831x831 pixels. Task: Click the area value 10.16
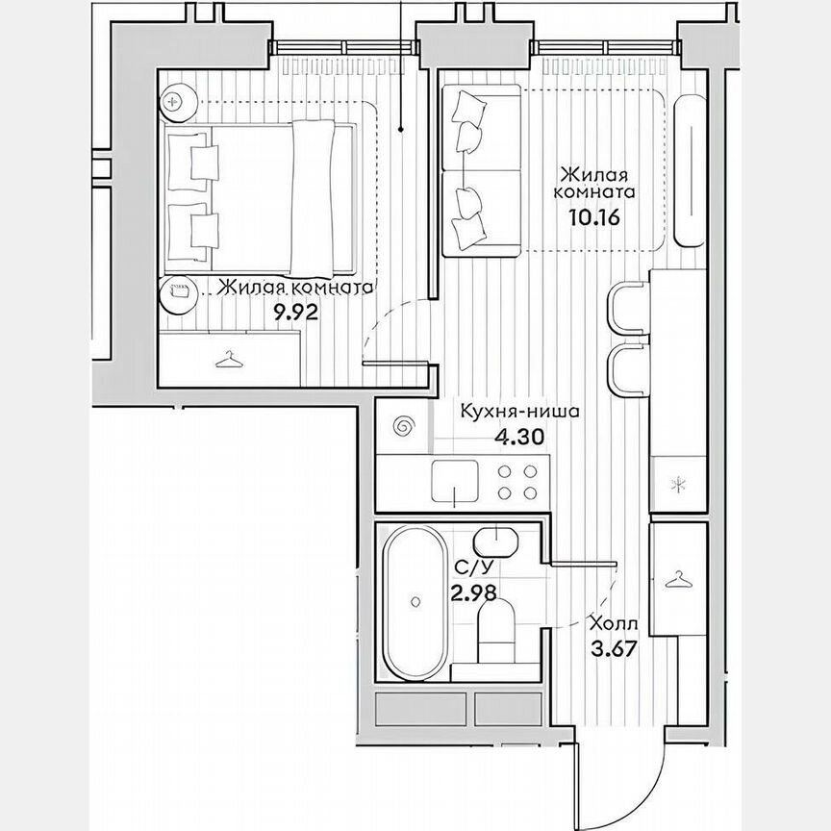[x=596, y=216]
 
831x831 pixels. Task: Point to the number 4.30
[x=519, y=436]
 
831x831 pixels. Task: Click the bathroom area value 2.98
[x=473, y=592]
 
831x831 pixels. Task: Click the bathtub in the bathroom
[x=414, y=602]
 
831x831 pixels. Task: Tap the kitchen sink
[x=455, y=478]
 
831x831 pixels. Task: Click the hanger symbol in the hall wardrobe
[x=679, y=579]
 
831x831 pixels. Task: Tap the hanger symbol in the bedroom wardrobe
[x=228, y=360]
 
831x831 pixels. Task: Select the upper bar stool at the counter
[x=627, y=308]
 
